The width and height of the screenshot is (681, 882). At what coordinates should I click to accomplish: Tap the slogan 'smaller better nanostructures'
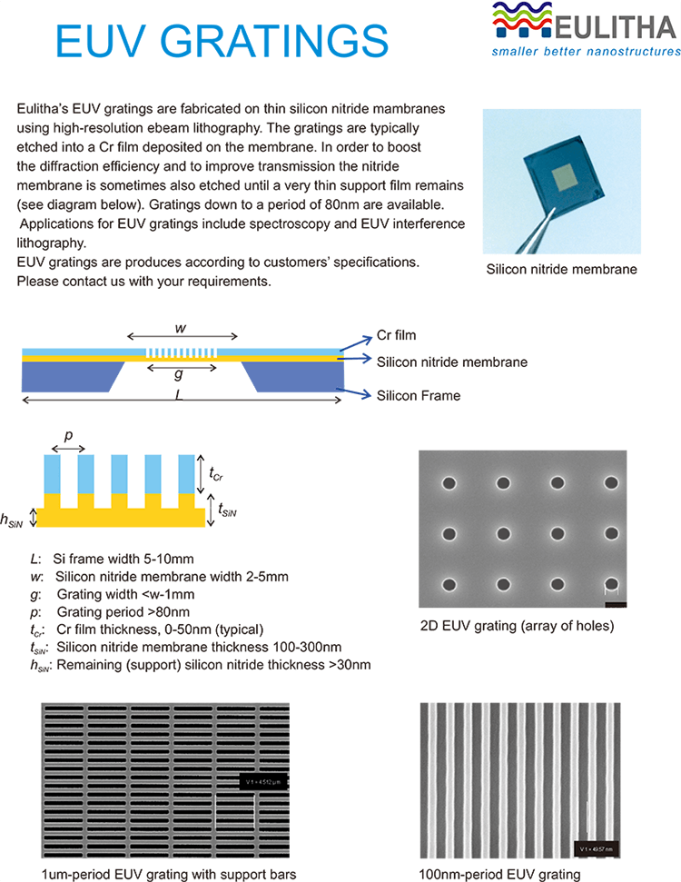click(585, 52)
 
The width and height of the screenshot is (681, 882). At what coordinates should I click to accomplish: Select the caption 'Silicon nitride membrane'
click(561, 269)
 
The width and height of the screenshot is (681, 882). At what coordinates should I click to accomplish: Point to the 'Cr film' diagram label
click(397, 335)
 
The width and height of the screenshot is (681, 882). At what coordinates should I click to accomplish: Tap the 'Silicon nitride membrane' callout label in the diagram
click(451, 362)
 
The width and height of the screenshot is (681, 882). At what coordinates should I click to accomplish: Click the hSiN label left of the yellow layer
click(13, 520)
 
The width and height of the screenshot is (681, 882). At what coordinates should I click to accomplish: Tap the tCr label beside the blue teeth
click(215, 473)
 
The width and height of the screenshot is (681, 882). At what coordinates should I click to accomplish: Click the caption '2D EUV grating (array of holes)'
click(518, 626)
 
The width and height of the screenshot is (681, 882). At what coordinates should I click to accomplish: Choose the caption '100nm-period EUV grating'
click(498, 873)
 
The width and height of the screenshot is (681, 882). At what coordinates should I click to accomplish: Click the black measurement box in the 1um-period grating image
click(264, 780)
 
